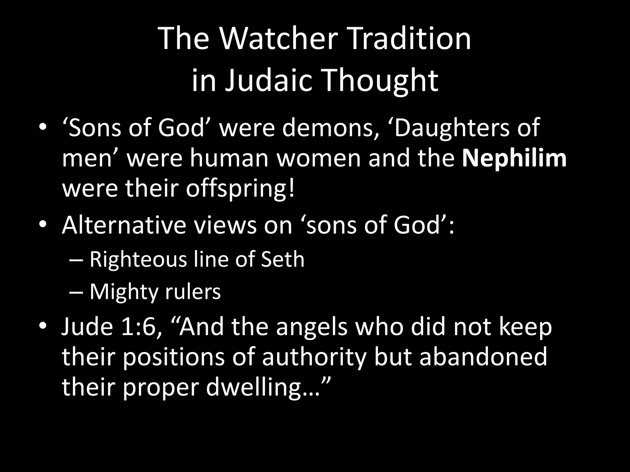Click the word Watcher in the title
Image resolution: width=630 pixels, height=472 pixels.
tap(278, 39)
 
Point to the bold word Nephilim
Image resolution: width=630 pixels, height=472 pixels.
tap(514, 158)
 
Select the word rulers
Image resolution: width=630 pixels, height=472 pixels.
tap(193, 292)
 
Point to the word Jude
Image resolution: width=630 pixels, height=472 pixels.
tap(87, 327)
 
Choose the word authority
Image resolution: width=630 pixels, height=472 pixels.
tap(314, 357)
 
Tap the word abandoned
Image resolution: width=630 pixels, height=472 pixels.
tap(483, 357)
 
